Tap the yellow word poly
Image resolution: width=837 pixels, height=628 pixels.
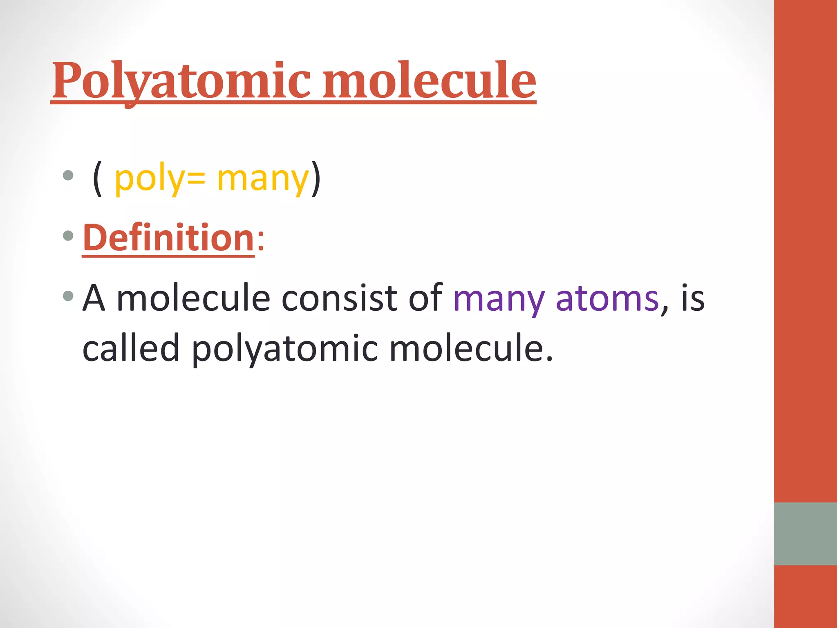150,179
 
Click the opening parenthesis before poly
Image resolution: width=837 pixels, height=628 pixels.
97,179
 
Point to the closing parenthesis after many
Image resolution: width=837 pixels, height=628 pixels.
316,179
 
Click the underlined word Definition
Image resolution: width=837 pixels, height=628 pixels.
168,238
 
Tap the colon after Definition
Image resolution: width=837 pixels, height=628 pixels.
261,241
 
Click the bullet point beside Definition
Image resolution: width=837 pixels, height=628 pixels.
68,235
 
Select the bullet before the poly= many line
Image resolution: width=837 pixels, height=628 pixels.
68,176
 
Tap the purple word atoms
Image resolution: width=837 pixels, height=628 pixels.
607,298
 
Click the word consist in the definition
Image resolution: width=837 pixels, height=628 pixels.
339,298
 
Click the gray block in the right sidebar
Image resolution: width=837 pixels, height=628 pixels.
805,534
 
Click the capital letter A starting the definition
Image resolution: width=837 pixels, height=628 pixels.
94,298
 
